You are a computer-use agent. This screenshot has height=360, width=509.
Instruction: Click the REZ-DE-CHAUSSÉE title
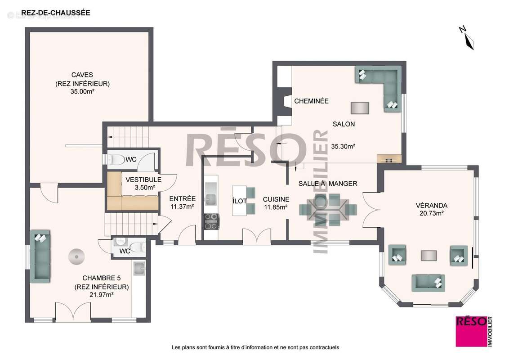tap(56, 13)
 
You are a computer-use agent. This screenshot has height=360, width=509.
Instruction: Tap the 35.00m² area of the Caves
tap(82, 91)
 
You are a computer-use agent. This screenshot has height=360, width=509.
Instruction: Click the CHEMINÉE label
tap(311, 101)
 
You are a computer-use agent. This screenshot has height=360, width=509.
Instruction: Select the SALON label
tap(344, 124)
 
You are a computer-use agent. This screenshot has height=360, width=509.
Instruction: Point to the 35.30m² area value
tap(343, 146)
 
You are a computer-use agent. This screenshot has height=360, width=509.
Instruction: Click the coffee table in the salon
tap(360, 108)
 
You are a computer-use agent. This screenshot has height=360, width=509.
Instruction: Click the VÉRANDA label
tap(431, 205)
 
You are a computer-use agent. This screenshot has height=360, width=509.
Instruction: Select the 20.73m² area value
tap(431, 214)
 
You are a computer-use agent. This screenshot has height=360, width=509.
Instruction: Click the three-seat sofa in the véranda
tap(428, 283)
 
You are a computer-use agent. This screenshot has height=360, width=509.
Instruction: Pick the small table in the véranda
tap(429, 256)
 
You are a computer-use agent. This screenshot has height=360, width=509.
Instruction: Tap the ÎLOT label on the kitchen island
tap(239, 201)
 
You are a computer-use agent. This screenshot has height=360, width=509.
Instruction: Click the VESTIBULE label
tap(143, 179)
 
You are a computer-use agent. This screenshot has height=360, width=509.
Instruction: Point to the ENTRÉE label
tap(182, 198)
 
